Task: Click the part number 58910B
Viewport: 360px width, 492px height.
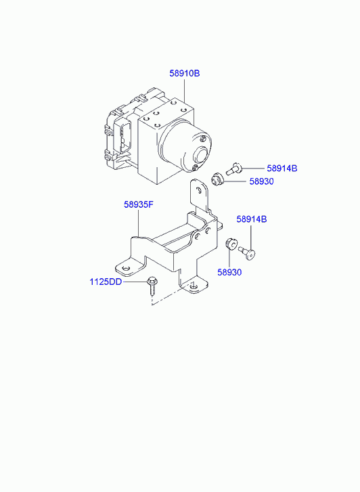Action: pyautogui.click(x=185, y=73)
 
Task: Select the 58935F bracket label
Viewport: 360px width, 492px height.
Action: pyautogui.click(x=139, y=204)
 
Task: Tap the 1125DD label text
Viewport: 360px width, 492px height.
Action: pyautogui.click(x=106, y=282)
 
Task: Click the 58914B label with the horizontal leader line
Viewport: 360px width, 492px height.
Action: pyautogui.click(x=282, y=169)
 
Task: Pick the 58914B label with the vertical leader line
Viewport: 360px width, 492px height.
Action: pyautogui.click(x=252, y=219)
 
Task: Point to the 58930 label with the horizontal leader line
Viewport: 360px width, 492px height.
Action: pyautogui.click(x=261, y=181)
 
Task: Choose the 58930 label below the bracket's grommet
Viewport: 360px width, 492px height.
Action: pyautogui.click(x=230, y=272)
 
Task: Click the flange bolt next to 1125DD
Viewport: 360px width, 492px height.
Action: pyautogui.click(x=152, y=286)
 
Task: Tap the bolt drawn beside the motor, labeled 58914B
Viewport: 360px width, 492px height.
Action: pyautogui.click(x=234, y=169)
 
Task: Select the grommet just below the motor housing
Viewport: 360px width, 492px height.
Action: pyautogui.click(x=217, y=179)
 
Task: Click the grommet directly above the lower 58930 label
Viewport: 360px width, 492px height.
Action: pyautogui.click(x=231, y=244)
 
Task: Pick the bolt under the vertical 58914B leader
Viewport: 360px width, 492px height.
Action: pyautogui.click(x=247, y=252)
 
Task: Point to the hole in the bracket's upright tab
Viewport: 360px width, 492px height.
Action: pyautogui.click(x=198, y=190)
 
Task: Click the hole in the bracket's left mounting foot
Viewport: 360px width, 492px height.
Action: pyautogui.click(x=126, y=268)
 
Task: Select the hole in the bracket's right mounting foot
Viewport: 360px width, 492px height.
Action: pyautogui.click(x=193, y=286)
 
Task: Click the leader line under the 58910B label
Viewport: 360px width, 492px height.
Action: pyautogui.click(x=185, y=90)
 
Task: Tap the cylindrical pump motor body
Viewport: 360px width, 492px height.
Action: pyautogui.click(x=185, y=146)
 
